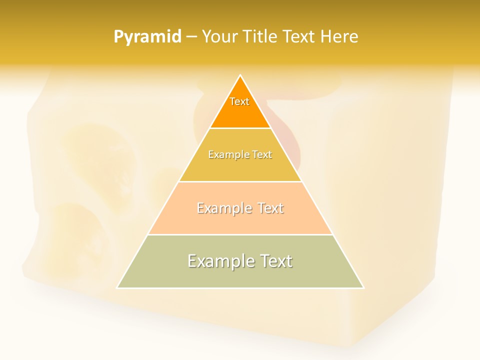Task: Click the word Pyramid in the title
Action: [147, 37]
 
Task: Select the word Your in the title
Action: [219, 37]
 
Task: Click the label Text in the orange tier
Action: [239, 101]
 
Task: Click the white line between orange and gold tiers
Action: [240, 128]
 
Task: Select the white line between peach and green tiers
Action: [240, 234]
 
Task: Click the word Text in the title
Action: [298, 37]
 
